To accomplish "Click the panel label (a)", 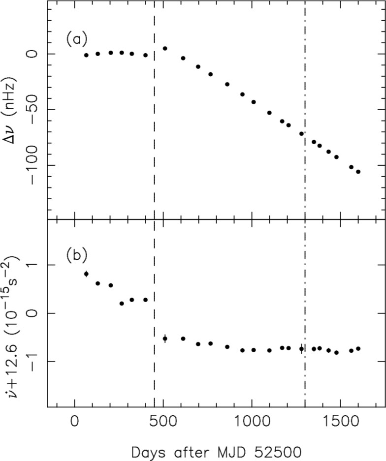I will pos(77,39).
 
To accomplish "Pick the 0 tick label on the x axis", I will pos(75,423).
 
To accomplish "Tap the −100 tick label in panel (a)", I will pos(33,165).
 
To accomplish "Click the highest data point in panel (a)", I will pos(165,48).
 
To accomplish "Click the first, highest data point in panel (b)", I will pos(86,274).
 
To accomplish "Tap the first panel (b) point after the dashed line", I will pos(165,338).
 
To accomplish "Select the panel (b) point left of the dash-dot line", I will pos(301,349).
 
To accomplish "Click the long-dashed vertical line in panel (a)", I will pos(154,123).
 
